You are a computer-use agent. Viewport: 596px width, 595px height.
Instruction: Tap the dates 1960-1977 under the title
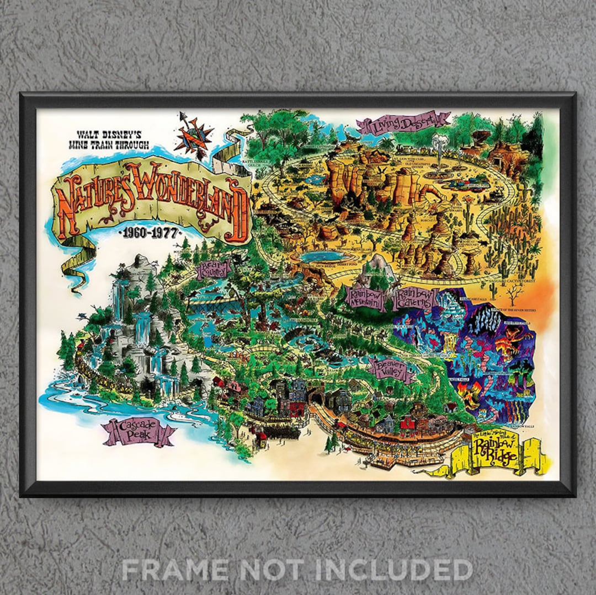point(149,233)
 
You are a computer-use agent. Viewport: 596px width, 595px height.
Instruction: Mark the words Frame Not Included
point(297,569)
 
